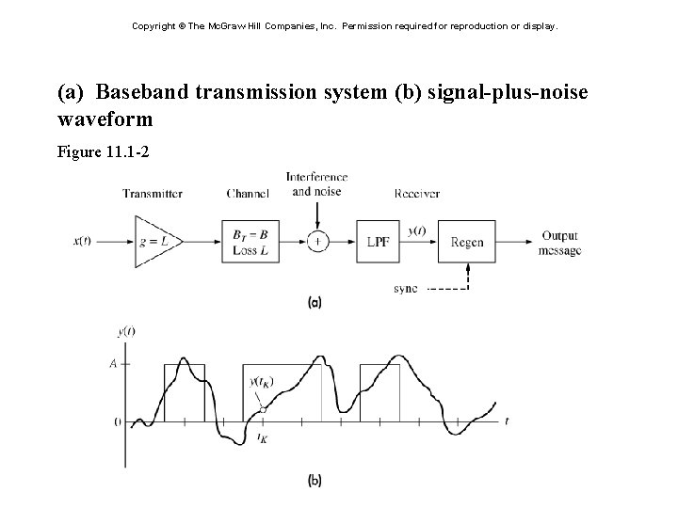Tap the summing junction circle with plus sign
317,241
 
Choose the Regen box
467,241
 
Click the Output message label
559,243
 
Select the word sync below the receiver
406,288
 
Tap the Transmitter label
153,194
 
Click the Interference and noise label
316,183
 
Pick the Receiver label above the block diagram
417,194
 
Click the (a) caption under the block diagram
315,302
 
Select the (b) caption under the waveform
315,481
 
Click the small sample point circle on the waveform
263,409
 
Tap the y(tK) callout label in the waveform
261,381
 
